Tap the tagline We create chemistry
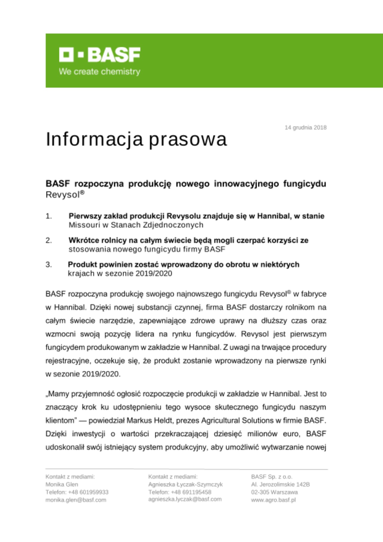[99, 72]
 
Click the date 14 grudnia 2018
[305, 127]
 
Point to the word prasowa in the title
[188, 140]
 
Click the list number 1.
[49, 216]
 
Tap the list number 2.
[49, 240]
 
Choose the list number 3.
[49, 264]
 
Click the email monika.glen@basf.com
[76, 500]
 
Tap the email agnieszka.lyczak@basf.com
[185, 499]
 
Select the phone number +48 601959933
[88, 492]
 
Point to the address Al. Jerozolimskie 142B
[280, 484]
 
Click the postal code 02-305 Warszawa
[274, 492]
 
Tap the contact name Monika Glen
[62, 484]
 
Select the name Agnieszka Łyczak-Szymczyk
[185, 484]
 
